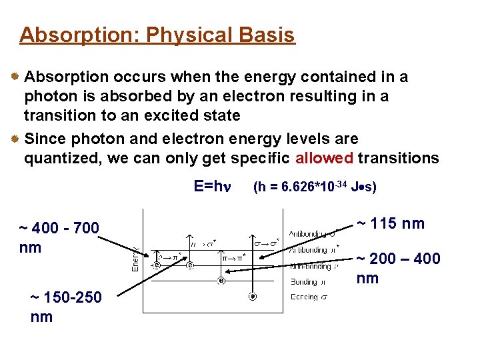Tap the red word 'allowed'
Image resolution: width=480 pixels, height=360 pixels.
324,159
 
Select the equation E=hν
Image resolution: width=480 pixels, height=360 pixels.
212,186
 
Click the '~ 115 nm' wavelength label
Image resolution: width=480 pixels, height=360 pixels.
390,223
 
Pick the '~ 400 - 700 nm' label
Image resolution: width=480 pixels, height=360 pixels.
59,238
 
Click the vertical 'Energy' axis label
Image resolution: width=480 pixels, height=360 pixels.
134,257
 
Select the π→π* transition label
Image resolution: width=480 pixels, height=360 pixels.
233,257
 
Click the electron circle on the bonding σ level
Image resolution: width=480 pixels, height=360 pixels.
253,297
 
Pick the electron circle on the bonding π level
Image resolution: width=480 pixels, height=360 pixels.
221,281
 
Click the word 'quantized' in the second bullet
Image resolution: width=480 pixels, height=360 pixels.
59,159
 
